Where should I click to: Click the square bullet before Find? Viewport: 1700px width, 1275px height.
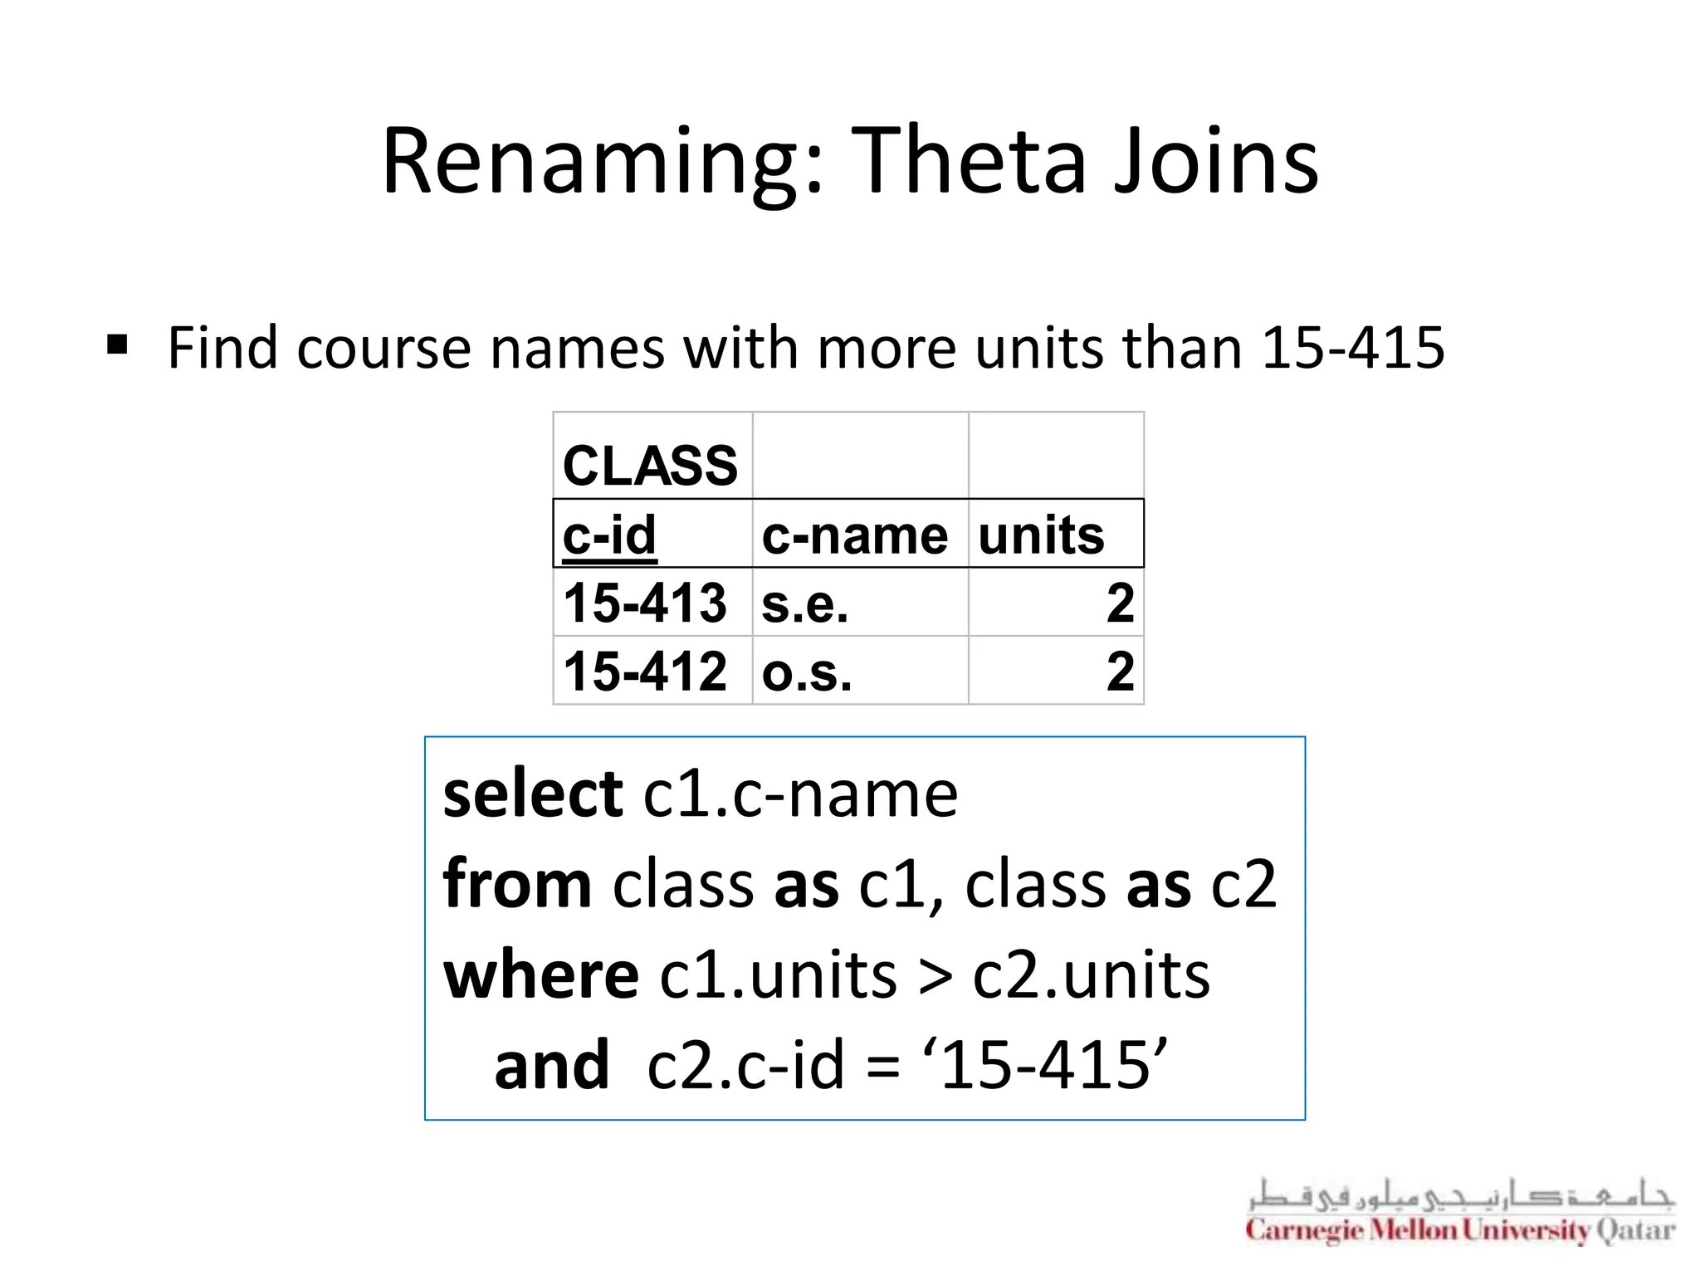117,344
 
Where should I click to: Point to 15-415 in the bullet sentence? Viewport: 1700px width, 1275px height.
1352,347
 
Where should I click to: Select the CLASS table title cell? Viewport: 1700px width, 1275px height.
651,464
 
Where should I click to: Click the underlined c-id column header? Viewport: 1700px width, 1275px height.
610,535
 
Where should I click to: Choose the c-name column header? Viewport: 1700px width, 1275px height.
855,535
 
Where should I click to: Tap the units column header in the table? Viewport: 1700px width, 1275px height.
1041,535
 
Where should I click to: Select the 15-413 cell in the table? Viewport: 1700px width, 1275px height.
645,603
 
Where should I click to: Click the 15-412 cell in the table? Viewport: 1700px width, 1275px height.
645,671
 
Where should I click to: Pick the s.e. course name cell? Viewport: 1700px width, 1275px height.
805,604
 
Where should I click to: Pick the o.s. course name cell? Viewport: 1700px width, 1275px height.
807,672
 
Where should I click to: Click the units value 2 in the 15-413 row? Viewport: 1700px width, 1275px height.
1120,603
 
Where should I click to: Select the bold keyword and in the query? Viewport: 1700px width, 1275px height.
551,1064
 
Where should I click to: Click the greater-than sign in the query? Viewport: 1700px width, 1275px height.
935,976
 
